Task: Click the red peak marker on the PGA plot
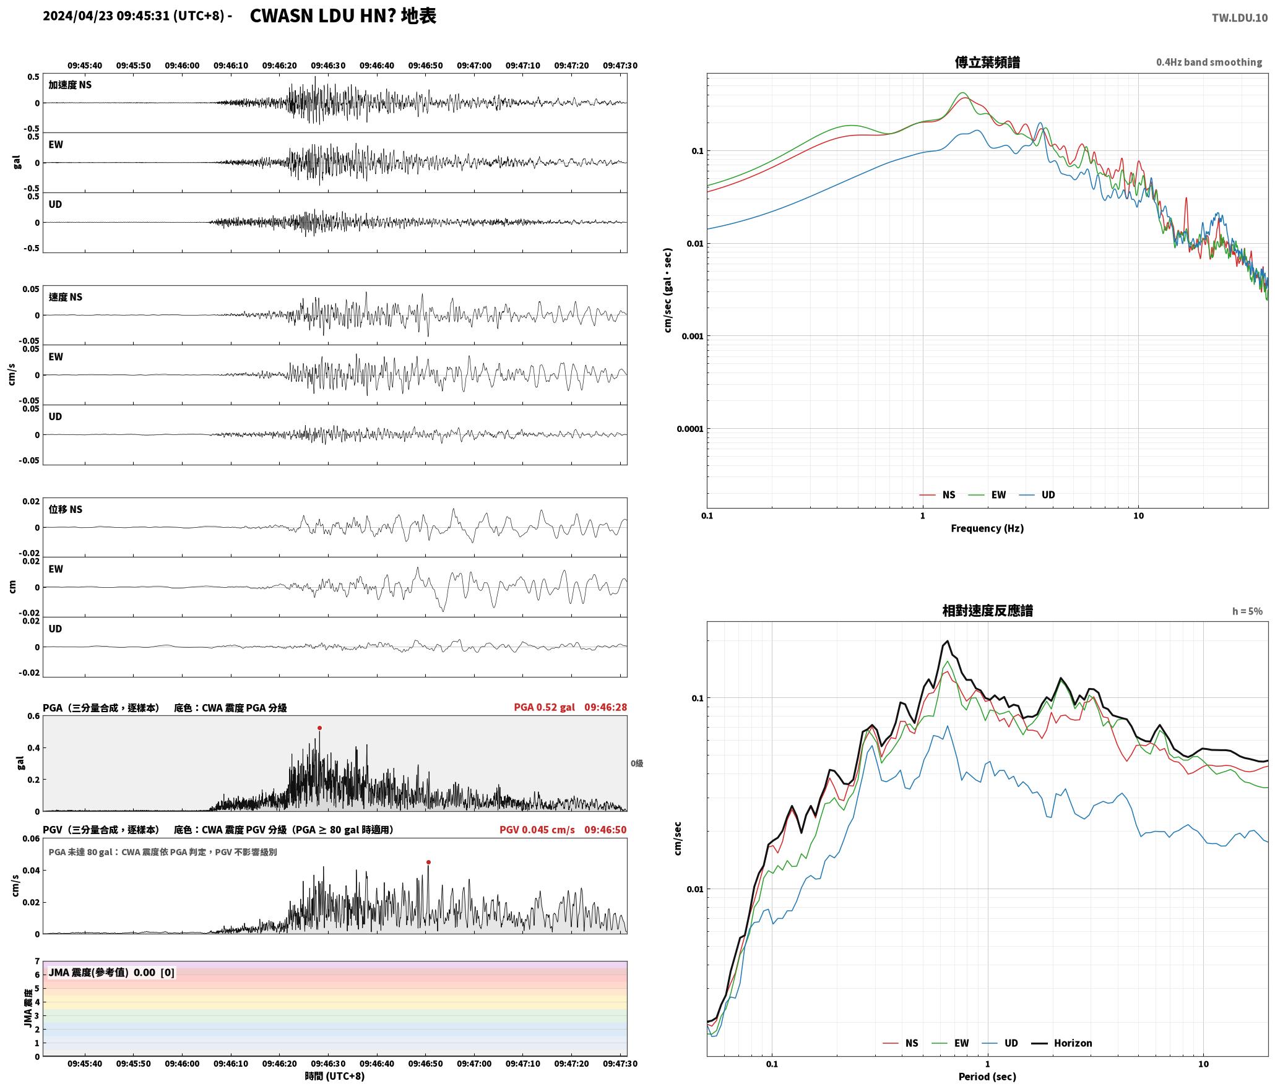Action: click(x=319, y=728)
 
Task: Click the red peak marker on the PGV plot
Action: click(x=428, y=862)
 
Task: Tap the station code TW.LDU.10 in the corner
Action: click(x=1239, y=18)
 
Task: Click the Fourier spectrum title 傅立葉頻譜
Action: click(x=987, y=62)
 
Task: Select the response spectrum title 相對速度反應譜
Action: click(x=987, y=611)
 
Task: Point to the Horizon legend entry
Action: click(x=1062, y=1043)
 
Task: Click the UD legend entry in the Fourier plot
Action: click(x=1037, y=494)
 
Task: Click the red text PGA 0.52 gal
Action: click(x=544, y=707)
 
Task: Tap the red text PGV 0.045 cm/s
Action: click(x=537, y=830)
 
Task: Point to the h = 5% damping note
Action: click(x=1247, y=611)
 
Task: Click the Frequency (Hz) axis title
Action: click(x=987, y=528)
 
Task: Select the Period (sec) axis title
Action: click(x=987, y=1077)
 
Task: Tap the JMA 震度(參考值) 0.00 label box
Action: click(x=111, y=973)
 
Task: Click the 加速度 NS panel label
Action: click(x=70, y=85)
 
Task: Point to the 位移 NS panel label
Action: click(x=66, y=509)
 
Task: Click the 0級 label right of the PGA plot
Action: click(x=637, y=764)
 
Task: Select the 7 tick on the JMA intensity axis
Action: click(x=37, y=962)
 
